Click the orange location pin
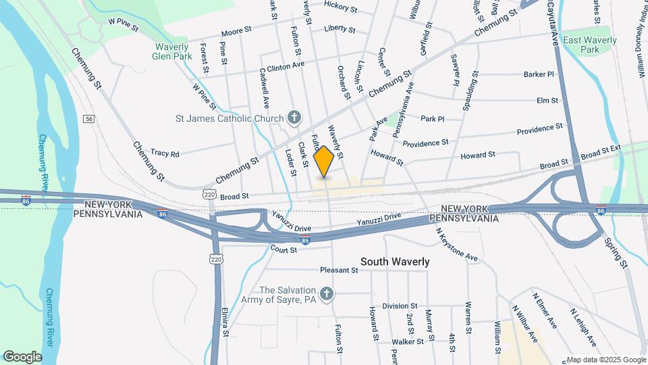click(x=324, y=161)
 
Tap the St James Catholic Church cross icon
click(x=294, y=118)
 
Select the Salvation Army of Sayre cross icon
click(x=327, y=293)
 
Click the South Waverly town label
click(x=395, y=262)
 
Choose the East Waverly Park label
click(x=590, y=45)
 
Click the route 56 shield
click(x=88, y=119)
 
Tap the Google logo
click(x=22, y=357)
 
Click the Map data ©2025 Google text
click(x=605, y=359)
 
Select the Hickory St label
click(x=340, y=7)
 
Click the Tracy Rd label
click(x=165, y=153)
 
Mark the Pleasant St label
click(x=338, y=270)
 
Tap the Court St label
click(x=283, y=250)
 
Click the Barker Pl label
click(x=538, y=74)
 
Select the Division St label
click(x=400, y=306)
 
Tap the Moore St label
click(x=236, y=33)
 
